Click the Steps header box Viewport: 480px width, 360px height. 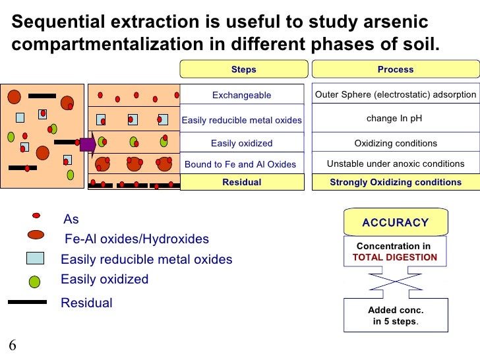tap(243, 69)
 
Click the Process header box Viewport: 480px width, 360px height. tap(395, 69)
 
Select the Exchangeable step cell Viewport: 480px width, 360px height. tap(241, 95)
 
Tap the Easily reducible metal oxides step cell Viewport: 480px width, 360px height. tap(241, 120)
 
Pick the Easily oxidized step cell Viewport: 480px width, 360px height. tap(241, 143)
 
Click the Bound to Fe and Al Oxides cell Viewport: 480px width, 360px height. tap(241, 164)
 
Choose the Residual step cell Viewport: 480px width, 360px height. tap(241, 182)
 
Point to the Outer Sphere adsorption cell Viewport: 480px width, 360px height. tap(395, 94)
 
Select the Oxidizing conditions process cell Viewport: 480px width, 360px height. tap(395, 143)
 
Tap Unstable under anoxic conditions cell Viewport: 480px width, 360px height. tap(395, 164)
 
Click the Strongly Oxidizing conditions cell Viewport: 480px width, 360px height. tap(395, 182)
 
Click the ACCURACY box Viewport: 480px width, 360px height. tap(395, 223)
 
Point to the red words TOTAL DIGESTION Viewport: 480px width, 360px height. tap(395, 257)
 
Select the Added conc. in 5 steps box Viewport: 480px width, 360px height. tap(395, 315)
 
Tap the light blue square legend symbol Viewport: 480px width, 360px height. tap(35, 258)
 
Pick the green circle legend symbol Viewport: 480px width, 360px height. tap(35, 281)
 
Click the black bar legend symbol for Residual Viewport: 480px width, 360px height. tap(27, 302)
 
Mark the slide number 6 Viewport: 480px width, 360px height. tap(13, 347)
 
